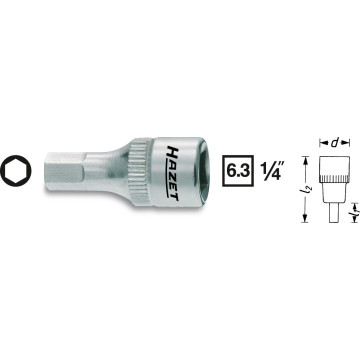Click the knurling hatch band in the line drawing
329,190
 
